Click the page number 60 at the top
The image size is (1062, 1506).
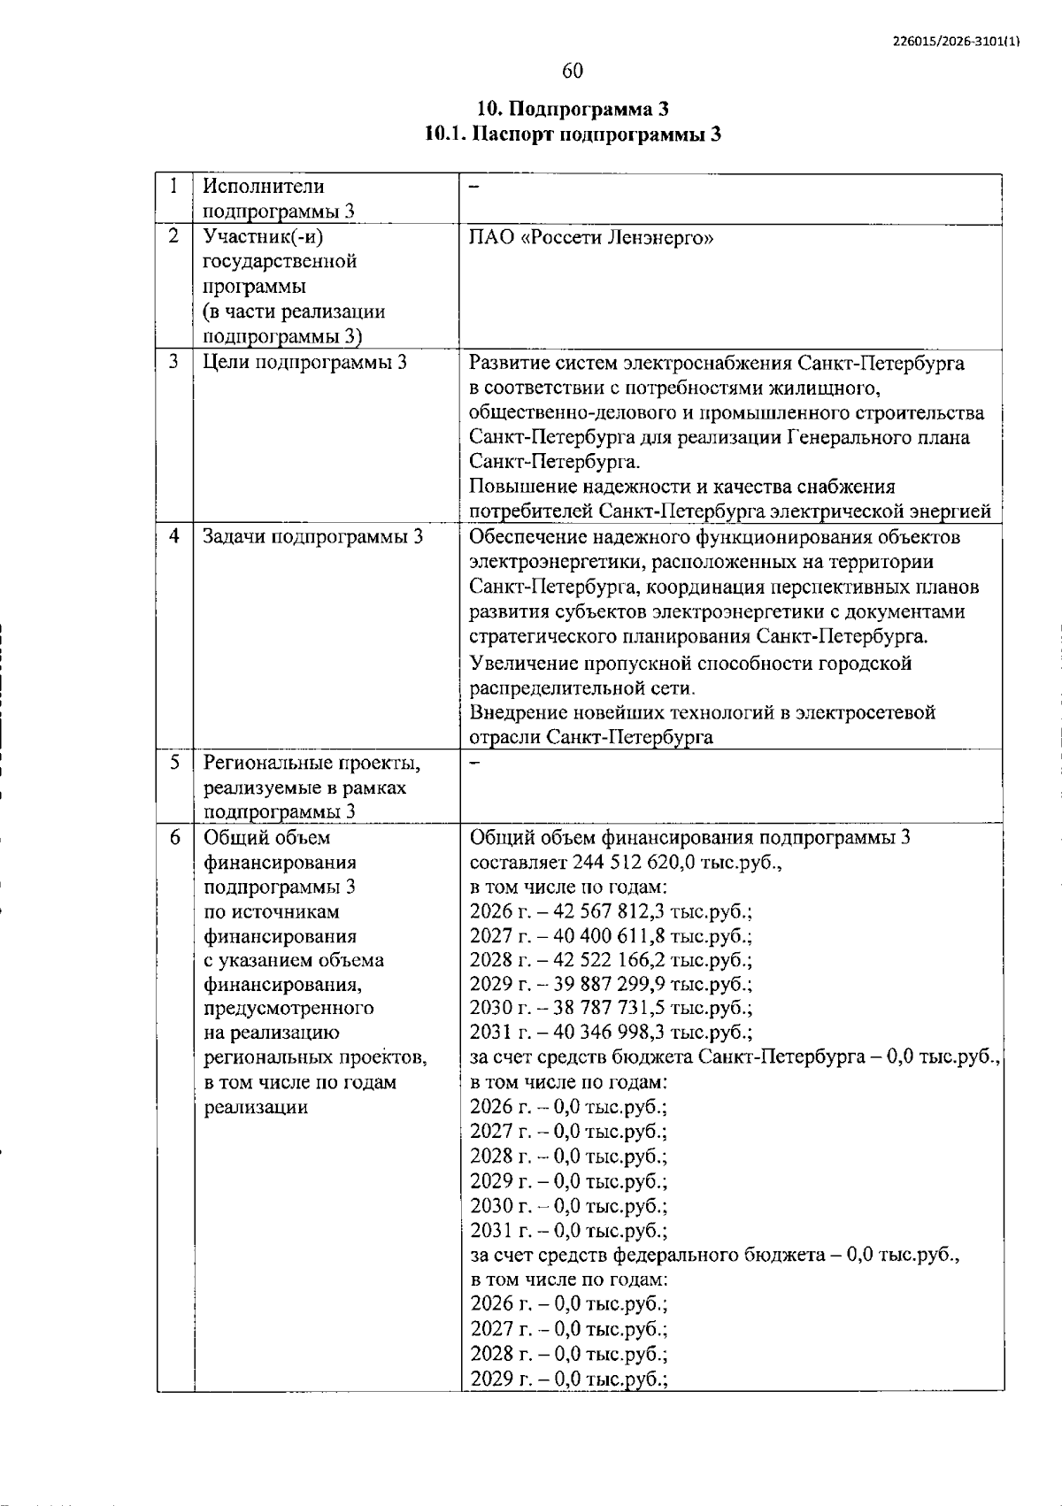573,71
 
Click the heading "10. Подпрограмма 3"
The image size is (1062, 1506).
573,110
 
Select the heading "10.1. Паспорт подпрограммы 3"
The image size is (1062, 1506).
573,134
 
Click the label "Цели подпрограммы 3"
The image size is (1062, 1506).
305,362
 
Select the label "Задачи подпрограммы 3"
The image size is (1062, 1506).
313,537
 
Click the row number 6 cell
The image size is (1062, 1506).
175,837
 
